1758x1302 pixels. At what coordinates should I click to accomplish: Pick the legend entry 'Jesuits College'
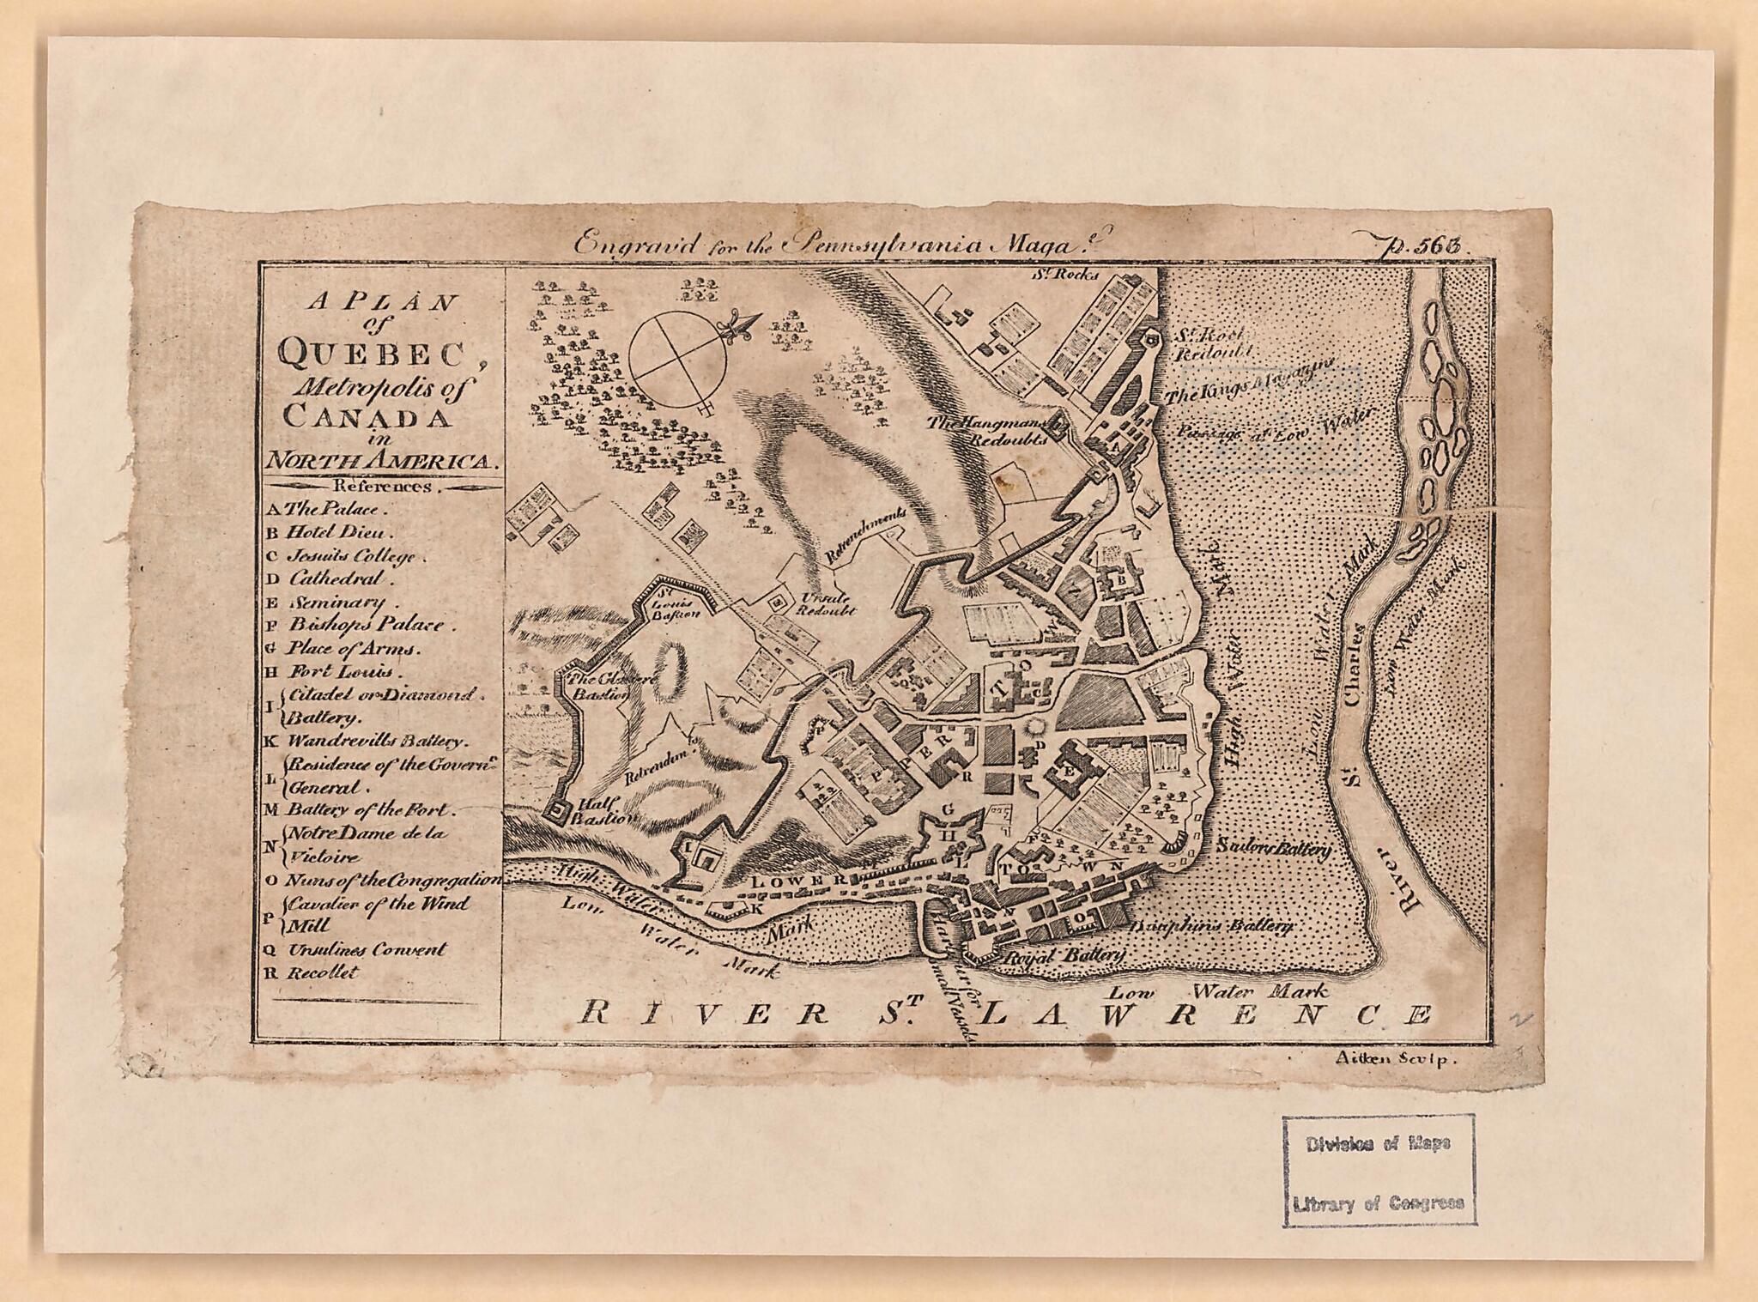pyautogui.click(x=355, y=555)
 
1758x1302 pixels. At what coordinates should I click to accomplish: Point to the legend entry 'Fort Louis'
pyautogui.click(x=341, y=672)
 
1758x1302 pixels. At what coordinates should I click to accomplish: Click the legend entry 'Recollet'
pyautogui.click(x=323, y=972)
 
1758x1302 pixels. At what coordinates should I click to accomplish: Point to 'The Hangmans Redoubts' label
pyautogui.click(x=997, y=429)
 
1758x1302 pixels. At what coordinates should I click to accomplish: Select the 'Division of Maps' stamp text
pyautogui.click(x=1379, y=1144)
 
